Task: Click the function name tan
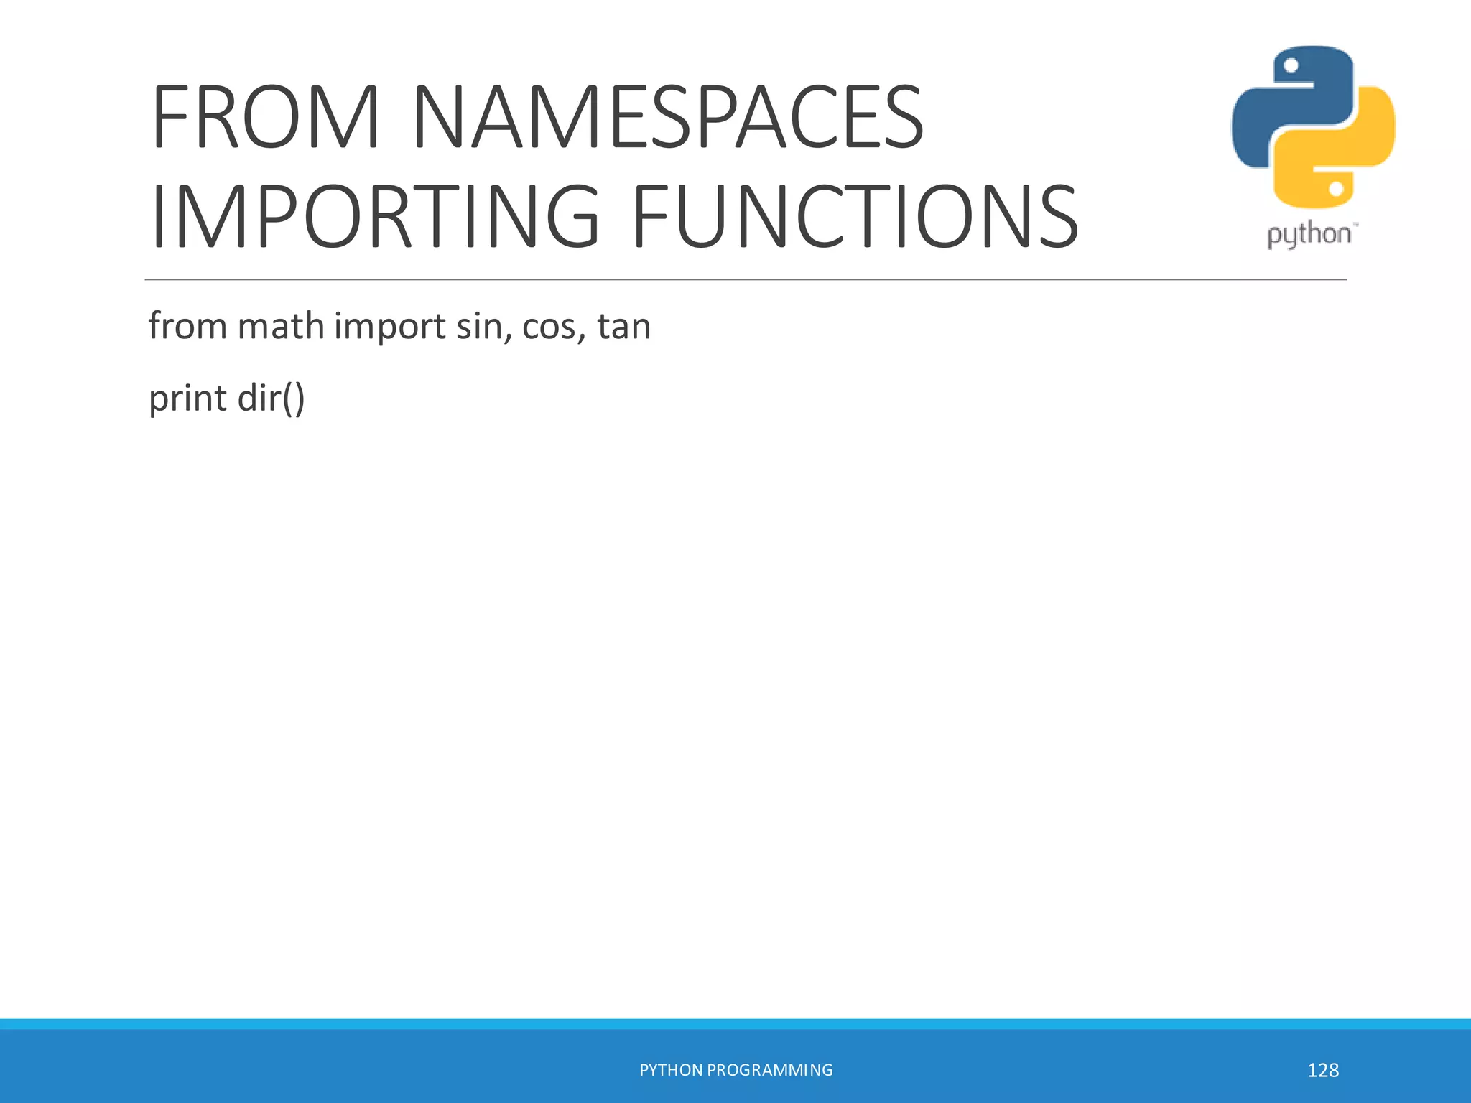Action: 623,327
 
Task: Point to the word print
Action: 187,399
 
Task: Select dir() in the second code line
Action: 271,399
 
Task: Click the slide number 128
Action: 1323,1070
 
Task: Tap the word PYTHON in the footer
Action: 671,1070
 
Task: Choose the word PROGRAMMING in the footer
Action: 770,1070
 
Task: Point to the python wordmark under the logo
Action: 1309,235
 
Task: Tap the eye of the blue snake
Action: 1291,66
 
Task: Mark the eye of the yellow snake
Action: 1337,189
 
